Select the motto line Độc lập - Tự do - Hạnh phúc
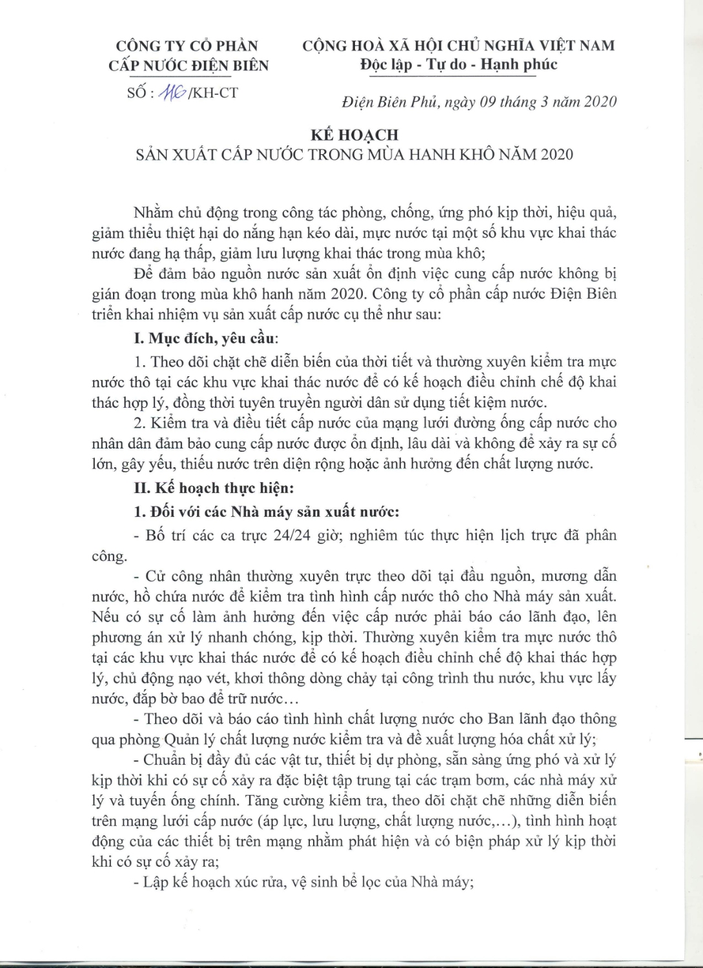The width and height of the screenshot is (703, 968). (459, 65)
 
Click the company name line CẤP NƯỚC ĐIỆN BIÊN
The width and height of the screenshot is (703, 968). (188, 65)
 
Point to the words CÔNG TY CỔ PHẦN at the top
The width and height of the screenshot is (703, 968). (187, 46)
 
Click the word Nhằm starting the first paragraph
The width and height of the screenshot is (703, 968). (150, 213)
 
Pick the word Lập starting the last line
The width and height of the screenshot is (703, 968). (158, 882)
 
